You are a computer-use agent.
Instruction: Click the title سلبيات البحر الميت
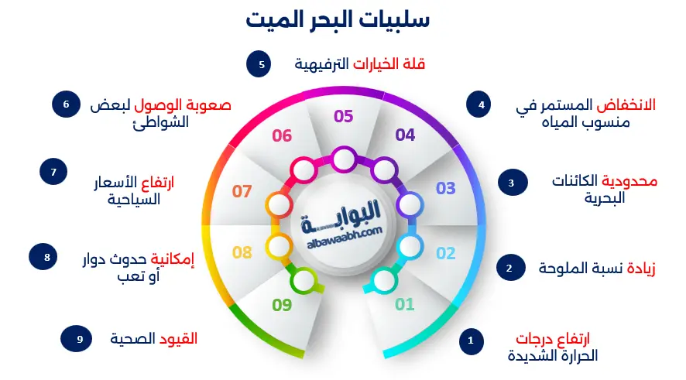pyautogui.click(x=338, y=19)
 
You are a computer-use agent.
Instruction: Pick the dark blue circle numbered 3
pyautogui.click(x=510, y=183)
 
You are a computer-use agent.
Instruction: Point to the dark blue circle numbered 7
pyautogui.click(x=54, y=172)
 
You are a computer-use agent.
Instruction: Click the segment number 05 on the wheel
pyautogui.click(x=343, y=117)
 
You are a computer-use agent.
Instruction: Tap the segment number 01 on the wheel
pyautogui.click(x=405, y=304)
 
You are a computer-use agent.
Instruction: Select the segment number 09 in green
pyautogui.click(x=282, y=305)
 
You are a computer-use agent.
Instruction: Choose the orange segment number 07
pyautogui.click(x=242, y=190)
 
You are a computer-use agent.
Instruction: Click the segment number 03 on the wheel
pyautogui.click(x=446, y=188)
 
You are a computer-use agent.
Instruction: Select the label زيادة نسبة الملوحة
pyautogui.click(x=597, y=269)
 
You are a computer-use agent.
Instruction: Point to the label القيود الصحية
pyautogui.click(x=153, y=338)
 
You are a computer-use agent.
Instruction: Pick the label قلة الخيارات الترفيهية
pyautogui.click(x=360, y=64)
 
